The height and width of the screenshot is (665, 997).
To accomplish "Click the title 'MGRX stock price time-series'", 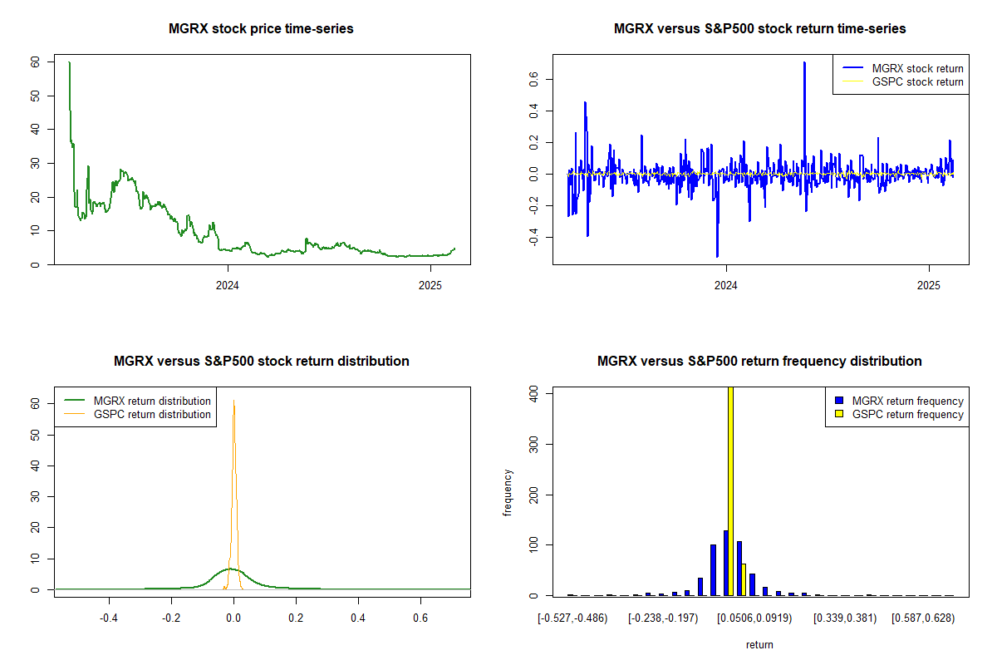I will (x=261, y=29).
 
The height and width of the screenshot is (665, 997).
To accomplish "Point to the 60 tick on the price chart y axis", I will (x=34, y=62).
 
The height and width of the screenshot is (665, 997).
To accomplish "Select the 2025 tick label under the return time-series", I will (x=928, y=286).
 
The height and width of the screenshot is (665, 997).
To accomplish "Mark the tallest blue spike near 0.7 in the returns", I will (x=804, y=62).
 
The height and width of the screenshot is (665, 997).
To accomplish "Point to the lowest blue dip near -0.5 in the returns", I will (x=717, y=256).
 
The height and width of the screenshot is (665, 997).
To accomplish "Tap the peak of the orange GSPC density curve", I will (x=233, y=401).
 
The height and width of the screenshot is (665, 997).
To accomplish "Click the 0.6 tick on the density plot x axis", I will (x=420, y=618).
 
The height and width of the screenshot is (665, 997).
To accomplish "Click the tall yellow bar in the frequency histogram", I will (x=730, y=490).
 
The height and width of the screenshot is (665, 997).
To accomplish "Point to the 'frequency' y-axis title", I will (x=508, y=492).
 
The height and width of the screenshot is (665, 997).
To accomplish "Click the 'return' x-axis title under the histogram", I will (x=759, y=644).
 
